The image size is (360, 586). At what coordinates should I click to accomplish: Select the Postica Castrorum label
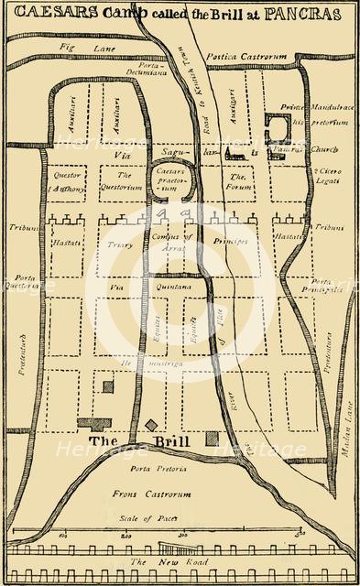pos(251,57)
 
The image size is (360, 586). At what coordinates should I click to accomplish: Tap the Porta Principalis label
pos(327,286)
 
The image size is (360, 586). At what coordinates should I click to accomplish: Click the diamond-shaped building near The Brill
pos(151,425)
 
